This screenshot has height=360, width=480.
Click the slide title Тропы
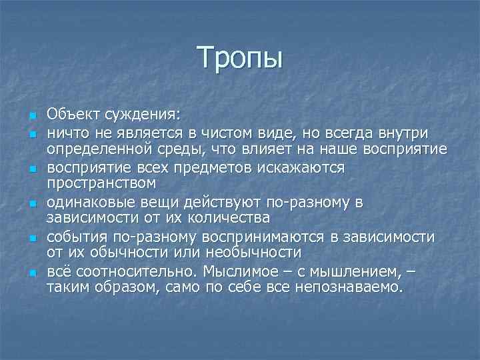[240, 58]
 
